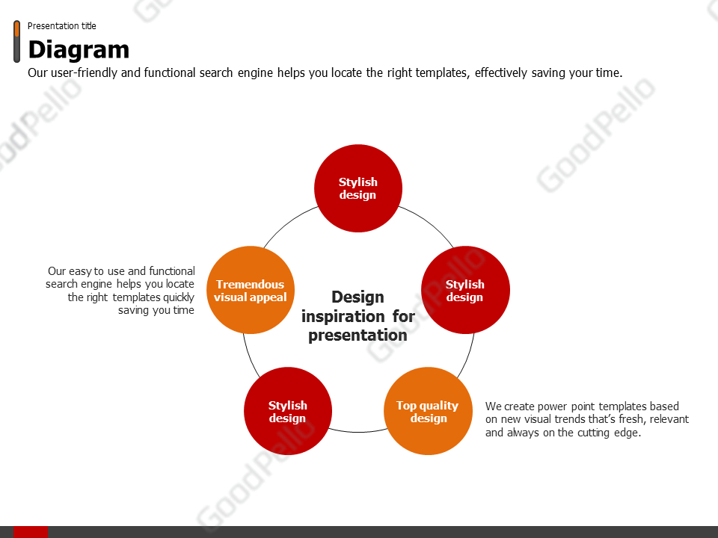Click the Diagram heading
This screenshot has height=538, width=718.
[79, 50]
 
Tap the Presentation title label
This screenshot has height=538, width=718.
[62, 26]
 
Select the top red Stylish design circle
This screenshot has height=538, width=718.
[358, 188]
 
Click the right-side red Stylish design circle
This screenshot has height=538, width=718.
[465, 290]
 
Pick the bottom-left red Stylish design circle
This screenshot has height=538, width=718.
[288, 411]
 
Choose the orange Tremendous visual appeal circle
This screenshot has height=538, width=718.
[251, 290]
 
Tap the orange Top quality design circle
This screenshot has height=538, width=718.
[428, 411]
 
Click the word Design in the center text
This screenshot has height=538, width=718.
[358, 297]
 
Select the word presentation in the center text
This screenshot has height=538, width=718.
[358, 336]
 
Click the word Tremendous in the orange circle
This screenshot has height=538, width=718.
[250, 285]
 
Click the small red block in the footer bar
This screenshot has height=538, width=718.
[31, 532]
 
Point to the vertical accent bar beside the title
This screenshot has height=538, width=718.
[17, 41]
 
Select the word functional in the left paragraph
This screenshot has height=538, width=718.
[172, 271]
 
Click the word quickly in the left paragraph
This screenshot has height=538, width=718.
[179, 298]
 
